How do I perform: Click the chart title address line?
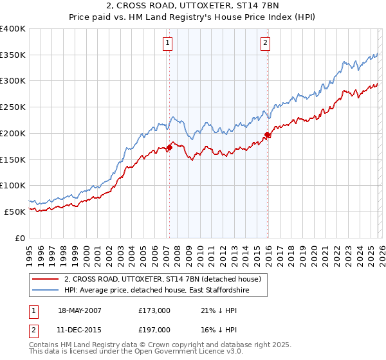pos(193,6)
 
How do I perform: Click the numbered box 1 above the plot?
pos(167,43)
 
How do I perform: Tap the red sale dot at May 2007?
pos(169,147)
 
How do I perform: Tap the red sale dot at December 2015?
pos(267,134)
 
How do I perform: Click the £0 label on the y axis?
pos(19,238)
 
